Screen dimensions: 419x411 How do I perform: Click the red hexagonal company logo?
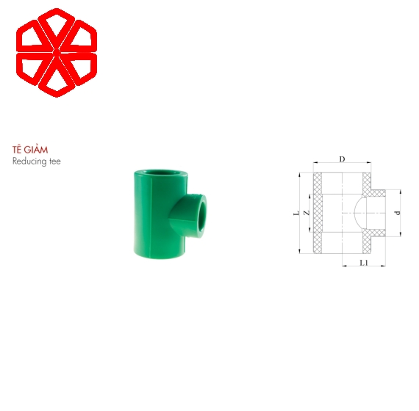point(57,53)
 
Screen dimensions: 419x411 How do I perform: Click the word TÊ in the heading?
point(17,150)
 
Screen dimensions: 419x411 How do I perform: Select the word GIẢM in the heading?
point(35,150)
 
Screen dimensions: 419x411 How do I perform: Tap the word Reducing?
point(29,161)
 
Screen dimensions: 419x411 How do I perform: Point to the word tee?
point(55,161)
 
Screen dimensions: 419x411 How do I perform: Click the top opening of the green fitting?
point(160,173)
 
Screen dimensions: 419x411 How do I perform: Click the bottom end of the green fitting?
point(160,253)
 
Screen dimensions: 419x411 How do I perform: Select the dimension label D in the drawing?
point(342,159)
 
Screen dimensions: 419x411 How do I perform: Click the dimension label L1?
point(364,263)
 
